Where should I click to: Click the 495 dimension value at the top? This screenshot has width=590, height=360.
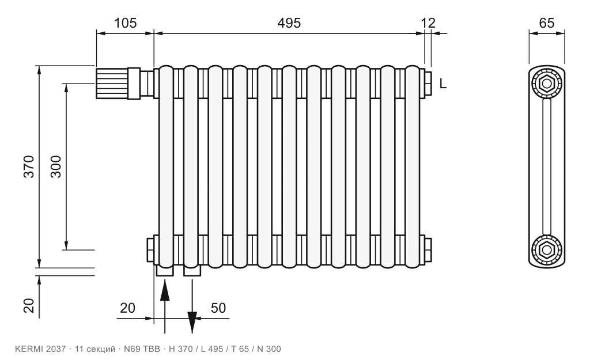tap(289, 23)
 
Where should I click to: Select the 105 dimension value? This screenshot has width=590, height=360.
tap(125, 23)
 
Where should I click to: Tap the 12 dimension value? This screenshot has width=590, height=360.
tap(428, 23)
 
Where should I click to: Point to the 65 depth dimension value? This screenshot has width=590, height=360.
tap(546, 23)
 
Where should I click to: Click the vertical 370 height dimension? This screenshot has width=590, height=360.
tap(29, 166)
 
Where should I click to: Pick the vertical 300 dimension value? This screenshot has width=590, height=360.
tap(56, 166)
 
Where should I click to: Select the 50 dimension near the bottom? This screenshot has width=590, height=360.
tap(218, 308)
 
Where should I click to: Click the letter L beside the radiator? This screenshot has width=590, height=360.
tap(443, 84)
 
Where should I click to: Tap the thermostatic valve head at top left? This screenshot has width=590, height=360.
tap(112, 84)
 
